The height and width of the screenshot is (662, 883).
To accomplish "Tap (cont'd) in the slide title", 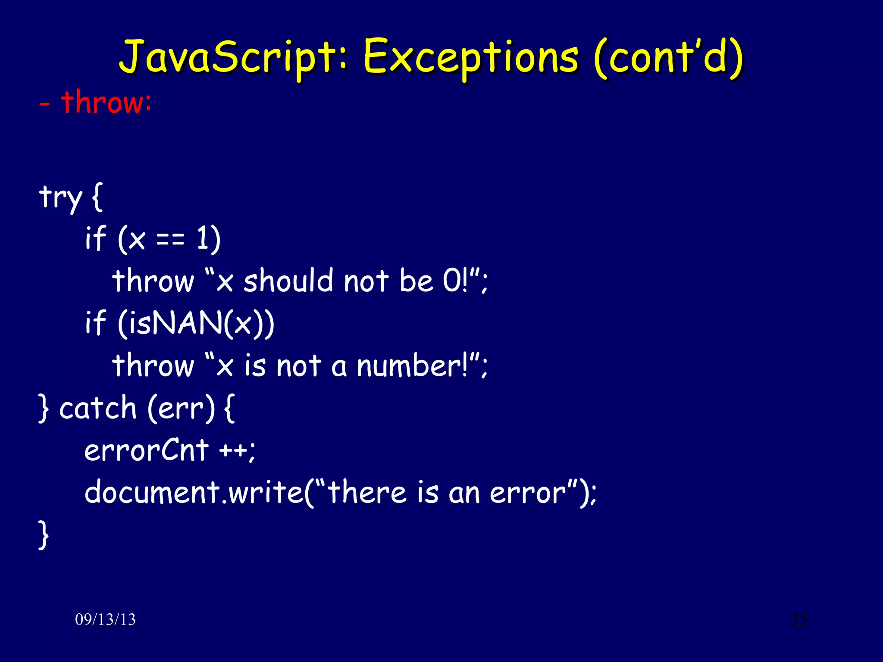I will point(668,58).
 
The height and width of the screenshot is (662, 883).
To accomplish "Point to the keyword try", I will point(60,197).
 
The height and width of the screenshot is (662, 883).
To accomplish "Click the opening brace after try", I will point(97,197).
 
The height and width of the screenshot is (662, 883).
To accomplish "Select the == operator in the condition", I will point(170,239).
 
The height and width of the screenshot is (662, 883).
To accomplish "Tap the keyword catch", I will point(98,408).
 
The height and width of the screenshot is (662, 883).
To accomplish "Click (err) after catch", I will point(181,408).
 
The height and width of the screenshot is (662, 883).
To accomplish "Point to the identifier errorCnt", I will point(147,450).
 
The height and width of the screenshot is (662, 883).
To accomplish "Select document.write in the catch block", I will point(194,492).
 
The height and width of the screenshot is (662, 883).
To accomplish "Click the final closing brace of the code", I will point(44,535).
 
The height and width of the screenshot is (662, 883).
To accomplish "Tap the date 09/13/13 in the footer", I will point(105,619).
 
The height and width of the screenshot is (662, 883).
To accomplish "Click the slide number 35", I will point(799,619).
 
